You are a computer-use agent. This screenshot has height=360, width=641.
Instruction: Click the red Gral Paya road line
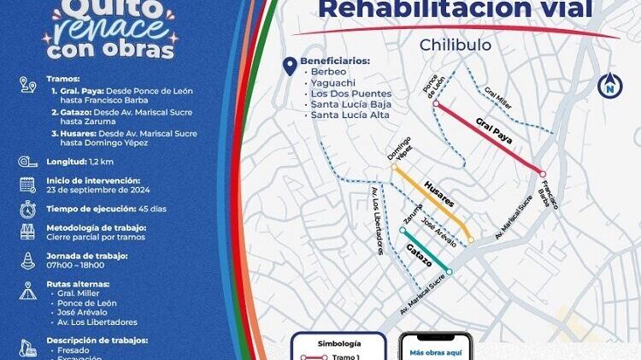[x=488, y=138]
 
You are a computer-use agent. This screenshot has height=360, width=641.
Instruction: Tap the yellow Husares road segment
[x=432, y=204]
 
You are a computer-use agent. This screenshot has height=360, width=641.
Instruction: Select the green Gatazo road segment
[x=426, y=251]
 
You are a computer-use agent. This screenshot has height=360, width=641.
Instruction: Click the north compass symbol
[x=609, y=85]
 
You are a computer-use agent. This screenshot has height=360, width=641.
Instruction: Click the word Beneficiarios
[x=341, y=62]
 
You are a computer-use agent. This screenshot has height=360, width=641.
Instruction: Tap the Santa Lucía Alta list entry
[x=350, y=115]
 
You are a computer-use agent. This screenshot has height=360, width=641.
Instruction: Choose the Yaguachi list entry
[x=332, y=83]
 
